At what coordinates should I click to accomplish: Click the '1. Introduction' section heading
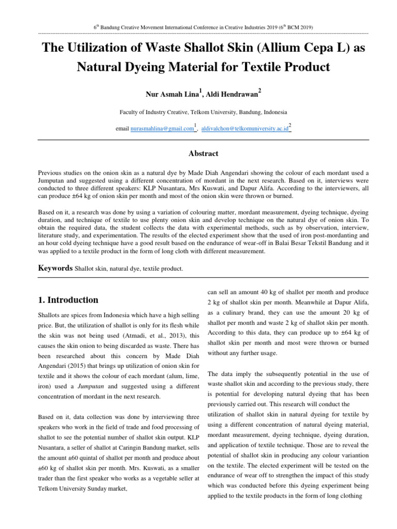(x=68, y=300)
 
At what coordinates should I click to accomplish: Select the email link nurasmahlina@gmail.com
(x=162, y=129)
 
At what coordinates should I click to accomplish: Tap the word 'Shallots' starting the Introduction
(x=51, y=315)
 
